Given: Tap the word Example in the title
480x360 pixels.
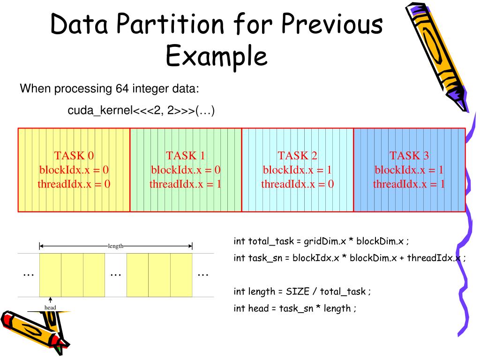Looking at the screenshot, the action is (x=217, y=56).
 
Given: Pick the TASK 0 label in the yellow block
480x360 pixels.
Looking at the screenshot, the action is (x=74, y=156).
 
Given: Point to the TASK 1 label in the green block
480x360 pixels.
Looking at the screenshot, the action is (x=185, y=156).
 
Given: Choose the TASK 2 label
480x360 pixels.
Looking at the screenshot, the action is (x=297, y=156).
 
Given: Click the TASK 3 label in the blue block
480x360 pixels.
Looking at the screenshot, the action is (x=409, y=156).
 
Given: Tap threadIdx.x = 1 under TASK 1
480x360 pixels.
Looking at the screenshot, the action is (x=185, y=184).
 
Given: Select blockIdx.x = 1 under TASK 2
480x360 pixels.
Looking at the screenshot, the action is (x=297, y=170).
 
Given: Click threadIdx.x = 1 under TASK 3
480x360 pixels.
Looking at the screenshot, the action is (x=409, y=184).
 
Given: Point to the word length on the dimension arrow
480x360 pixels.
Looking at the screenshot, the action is (x=116, y=246).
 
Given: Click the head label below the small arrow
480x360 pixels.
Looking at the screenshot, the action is (x=50, y=307).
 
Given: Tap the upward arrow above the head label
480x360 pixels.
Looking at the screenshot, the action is (x=50, y=300).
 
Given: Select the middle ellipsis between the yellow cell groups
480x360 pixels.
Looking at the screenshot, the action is (x=115, y=274).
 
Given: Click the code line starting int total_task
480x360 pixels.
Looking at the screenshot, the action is (x=321, y=241).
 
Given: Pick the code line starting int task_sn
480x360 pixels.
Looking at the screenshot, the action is (x=349, y=258).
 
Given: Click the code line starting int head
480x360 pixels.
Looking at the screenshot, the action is (x=295, y=308).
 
